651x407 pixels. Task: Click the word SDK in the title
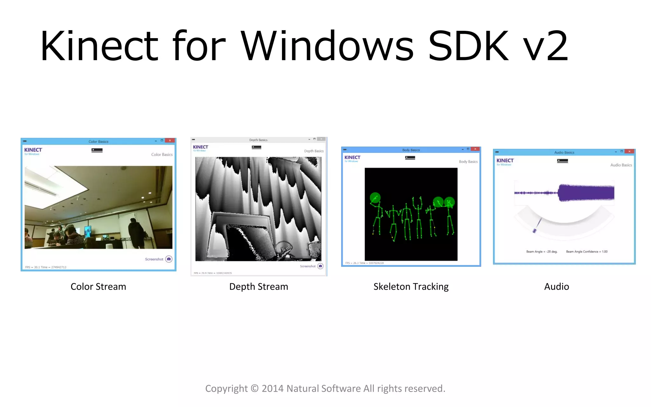[468, 46]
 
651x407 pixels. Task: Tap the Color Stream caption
[98, 286]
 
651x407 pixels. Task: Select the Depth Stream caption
[258, 286]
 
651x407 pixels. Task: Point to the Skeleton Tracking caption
[411, 286]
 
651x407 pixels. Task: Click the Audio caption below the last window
[556, 286]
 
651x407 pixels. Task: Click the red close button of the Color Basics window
[170, 141]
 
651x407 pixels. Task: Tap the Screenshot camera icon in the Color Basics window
[169, 259]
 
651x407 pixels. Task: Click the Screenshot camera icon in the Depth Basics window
[320, 266]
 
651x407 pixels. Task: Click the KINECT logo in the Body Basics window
[352, 158]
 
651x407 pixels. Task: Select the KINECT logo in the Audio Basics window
[505, 161]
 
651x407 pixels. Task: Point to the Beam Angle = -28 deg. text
[542, 252]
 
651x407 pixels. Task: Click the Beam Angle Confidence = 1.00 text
[586, 252]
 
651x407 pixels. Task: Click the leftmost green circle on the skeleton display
[375, 197]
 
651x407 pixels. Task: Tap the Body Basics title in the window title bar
[411, 150]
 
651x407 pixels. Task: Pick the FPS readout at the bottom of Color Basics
[46, 267]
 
